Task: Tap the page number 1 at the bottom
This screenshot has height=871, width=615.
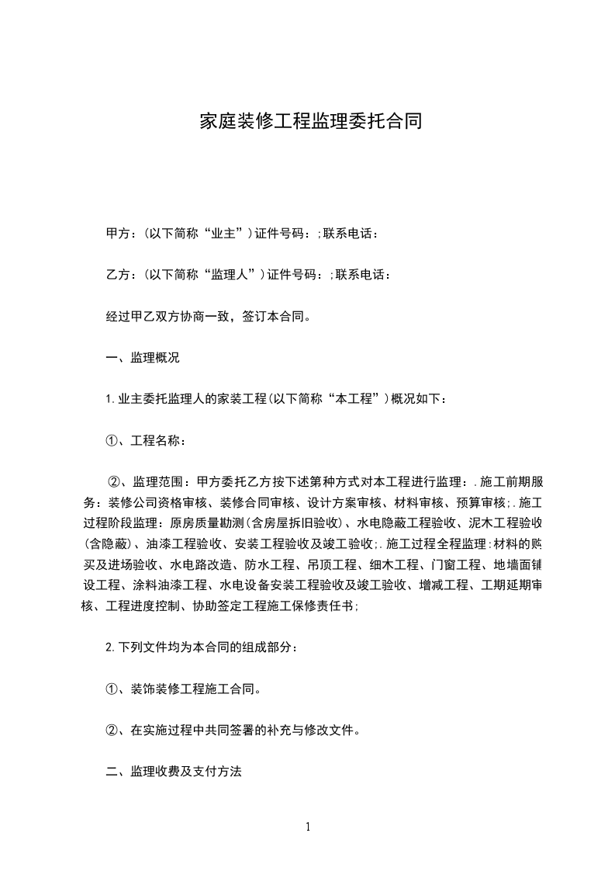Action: [x=308, y=827]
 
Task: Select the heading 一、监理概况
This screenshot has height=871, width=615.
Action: [x=142, y=358]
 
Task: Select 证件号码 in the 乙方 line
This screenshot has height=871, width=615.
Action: [x=294, y=274]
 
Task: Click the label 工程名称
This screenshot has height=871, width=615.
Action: [x=158, y=440]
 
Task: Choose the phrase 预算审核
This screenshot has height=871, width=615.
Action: [x=479, y=501]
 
